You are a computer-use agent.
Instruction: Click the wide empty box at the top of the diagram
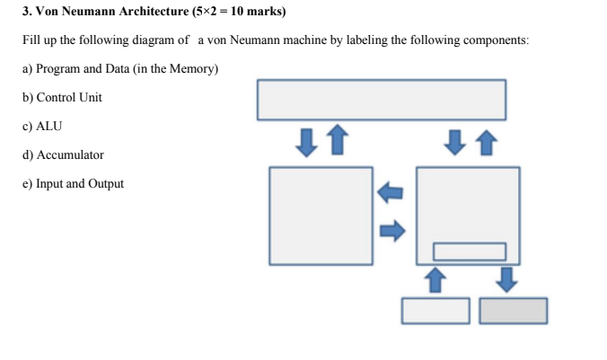[382, 100]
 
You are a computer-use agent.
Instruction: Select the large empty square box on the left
[321, 215]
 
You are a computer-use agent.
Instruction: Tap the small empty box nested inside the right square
[470, 250]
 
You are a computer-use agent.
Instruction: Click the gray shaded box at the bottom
[513, 311]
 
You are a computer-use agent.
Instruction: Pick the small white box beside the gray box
[435, 311]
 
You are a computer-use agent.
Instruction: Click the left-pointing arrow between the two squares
[391, 191]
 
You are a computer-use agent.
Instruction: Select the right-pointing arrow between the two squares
[391, 232]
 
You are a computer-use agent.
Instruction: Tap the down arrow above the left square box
[307, 142]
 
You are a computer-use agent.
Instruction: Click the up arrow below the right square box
[435, 279]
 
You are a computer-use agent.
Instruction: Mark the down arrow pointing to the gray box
[507, 279]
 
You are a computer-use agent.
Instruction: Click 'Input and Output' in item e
[80, 184]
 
